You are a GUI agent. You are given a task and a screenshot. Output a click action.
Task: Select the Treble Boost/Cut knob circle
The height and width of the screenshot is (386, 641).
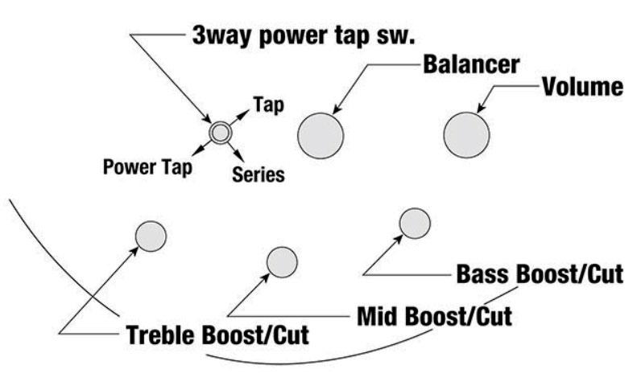(150, 236)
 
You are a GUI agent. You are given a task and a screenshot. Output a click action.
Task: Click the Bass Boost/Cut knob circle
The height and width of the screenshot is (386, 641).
(415, 224)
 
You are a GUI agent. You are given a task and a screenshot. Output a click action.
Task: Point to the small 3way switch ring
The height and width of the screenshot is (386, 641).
(220, 132)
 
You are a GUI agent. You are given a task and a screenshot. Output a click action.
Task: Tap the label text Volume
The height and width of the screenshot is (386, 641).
(581, 86)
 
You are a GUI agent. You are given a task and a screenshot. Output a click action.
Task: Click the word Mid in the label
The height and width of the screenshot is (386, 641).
(377, 314)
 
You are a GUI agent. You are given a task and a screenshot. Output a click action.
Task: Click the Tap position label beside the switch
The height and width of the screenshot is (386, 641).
(267, 105)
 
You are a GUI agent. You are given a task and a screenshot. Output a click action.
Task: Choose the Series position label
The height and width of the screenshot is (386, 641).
(258, 174)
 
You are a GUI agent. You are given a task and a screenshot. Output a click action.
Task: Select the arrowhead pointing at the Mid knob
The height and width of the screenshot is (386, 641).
(267, 278)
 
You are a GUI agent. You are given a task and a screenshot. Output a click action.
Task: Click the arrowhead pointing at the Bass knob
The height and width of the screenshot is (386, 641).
(400, 238)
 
